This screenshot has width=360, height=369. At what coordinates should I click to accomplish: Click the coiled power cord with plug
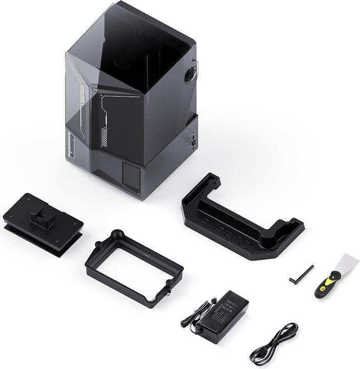coord(274,343)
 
